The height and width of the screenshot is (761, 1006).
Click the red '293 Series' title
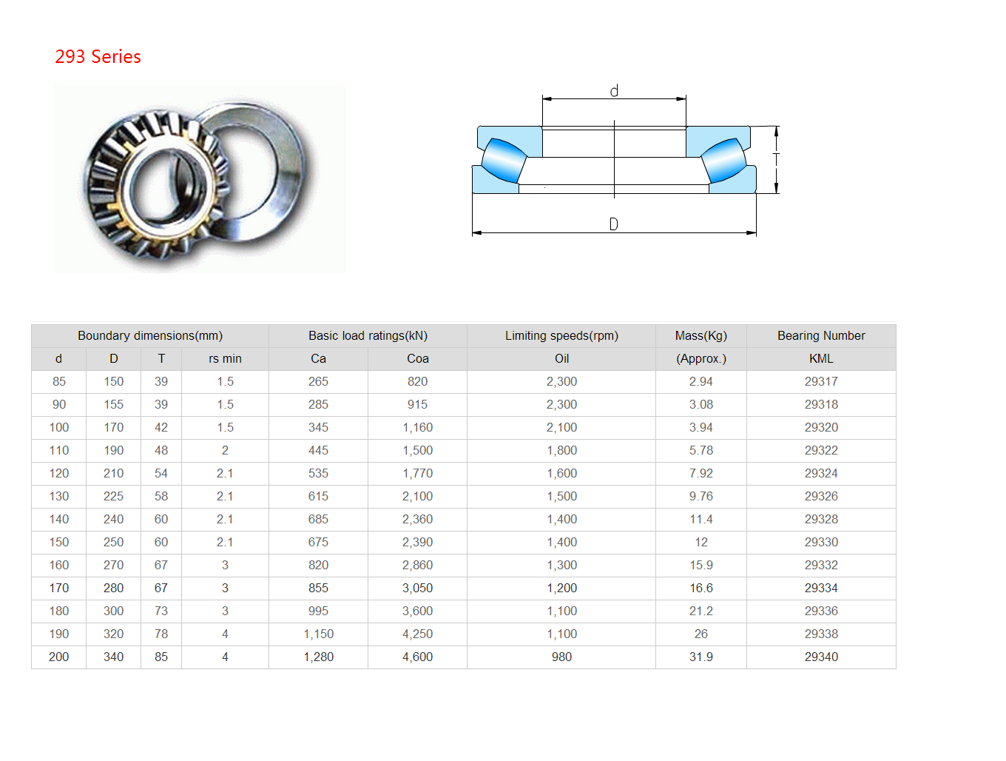98,56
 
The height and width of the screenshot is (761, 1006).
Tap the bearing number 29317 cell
820,381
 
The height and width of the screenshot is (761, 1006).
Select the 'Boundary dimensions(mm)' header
150,335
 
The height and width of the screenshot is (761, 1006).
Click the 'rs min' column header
225,358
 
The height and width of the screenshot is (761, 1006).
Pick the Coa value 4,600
417,657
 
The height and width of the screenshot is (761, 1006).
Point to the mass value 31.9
701,657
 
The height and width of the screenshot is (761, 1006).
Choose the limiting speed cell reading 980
561,657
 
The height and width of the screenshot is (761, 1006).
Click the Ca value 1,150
318,634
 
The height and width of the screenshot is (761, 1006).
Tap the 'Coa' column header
417,358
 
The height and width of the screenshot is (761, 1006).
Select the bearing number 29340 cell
820,657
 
